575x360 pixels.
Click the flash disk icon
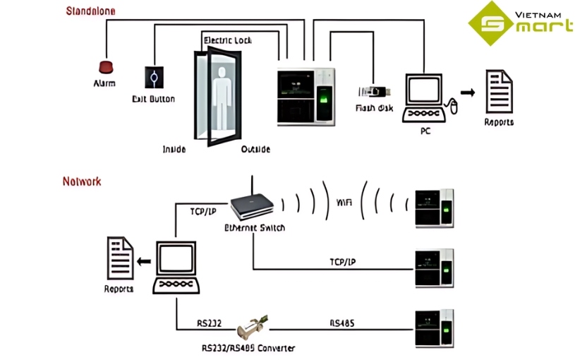click(x=375, y=91)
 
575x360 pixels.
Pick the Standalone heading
click(x=90, y=11)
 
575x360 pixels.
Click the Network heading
click(x=82, y=181)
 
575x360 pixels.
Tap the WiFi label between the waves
click(x=344, y=203)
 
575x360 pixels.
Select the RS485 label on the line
click(x=341, y=323)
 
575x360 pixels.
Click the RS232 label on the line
click(x=210, y=323)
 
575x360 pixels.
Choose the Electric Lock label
click(x=227, y=40)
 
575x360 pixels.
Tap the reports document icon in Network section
click(x=119, y=259)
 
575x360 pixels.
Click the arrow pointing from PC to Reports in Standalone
click(x=466, y=92)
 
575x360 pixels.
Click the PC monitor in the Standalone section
click(x=425, y=89)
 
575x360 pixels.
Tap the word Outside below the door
click(x=255, y=149)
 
